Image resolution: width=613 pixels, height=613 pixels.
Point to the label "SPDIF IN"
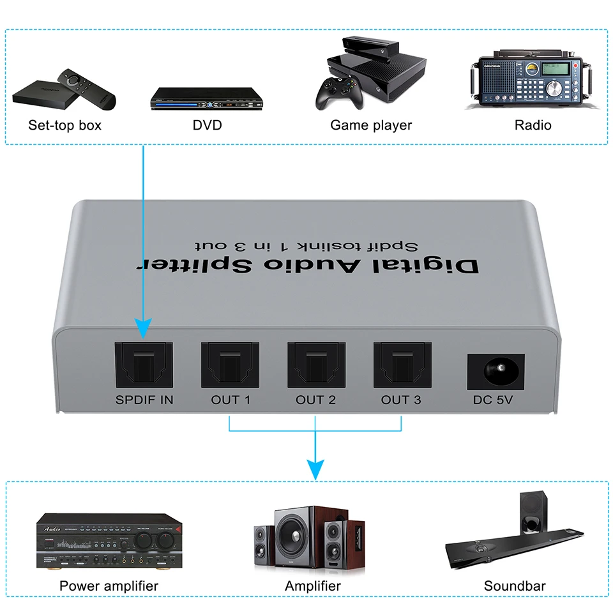click(x=144, y=400)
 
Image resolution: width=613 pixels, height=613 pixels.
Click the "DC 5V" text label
click(x=496, y=400)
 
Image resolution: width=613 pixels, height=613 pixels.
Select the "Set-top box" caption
click(x=64, y=125)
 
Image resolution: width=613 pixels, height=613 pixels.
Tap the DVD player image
click(x=208, y=98)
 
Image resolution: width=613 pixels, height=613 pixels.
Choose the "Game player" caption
click(x=371, y=125)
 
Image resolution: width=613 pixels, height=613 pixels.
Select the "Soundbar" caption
click(x=515, y=586)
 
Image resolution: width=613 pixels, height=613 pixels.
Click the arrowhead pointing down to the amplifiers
click(x=315, y=469)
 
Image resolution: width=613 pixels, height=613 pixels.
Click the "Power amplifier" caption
click(x=109, y=586)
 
